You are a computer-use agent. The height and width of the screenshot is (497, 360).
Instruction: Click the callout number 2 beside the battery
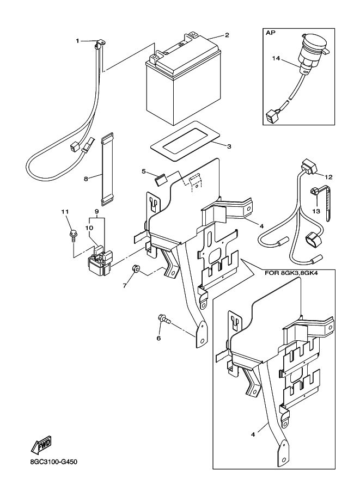click(227, 35)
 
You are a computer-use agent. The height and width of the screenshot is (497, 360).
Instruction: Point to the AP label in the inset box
click(270, 33)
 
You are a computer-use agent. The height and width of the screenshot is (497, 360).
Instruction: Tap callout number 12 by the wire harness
click(328, 177)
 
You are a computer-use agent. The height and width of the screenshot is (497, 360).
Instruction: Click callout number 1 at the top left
click(77, 41)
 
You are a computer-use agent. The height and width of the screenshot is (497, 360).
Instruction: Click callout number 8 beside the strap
click(86, 177)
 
